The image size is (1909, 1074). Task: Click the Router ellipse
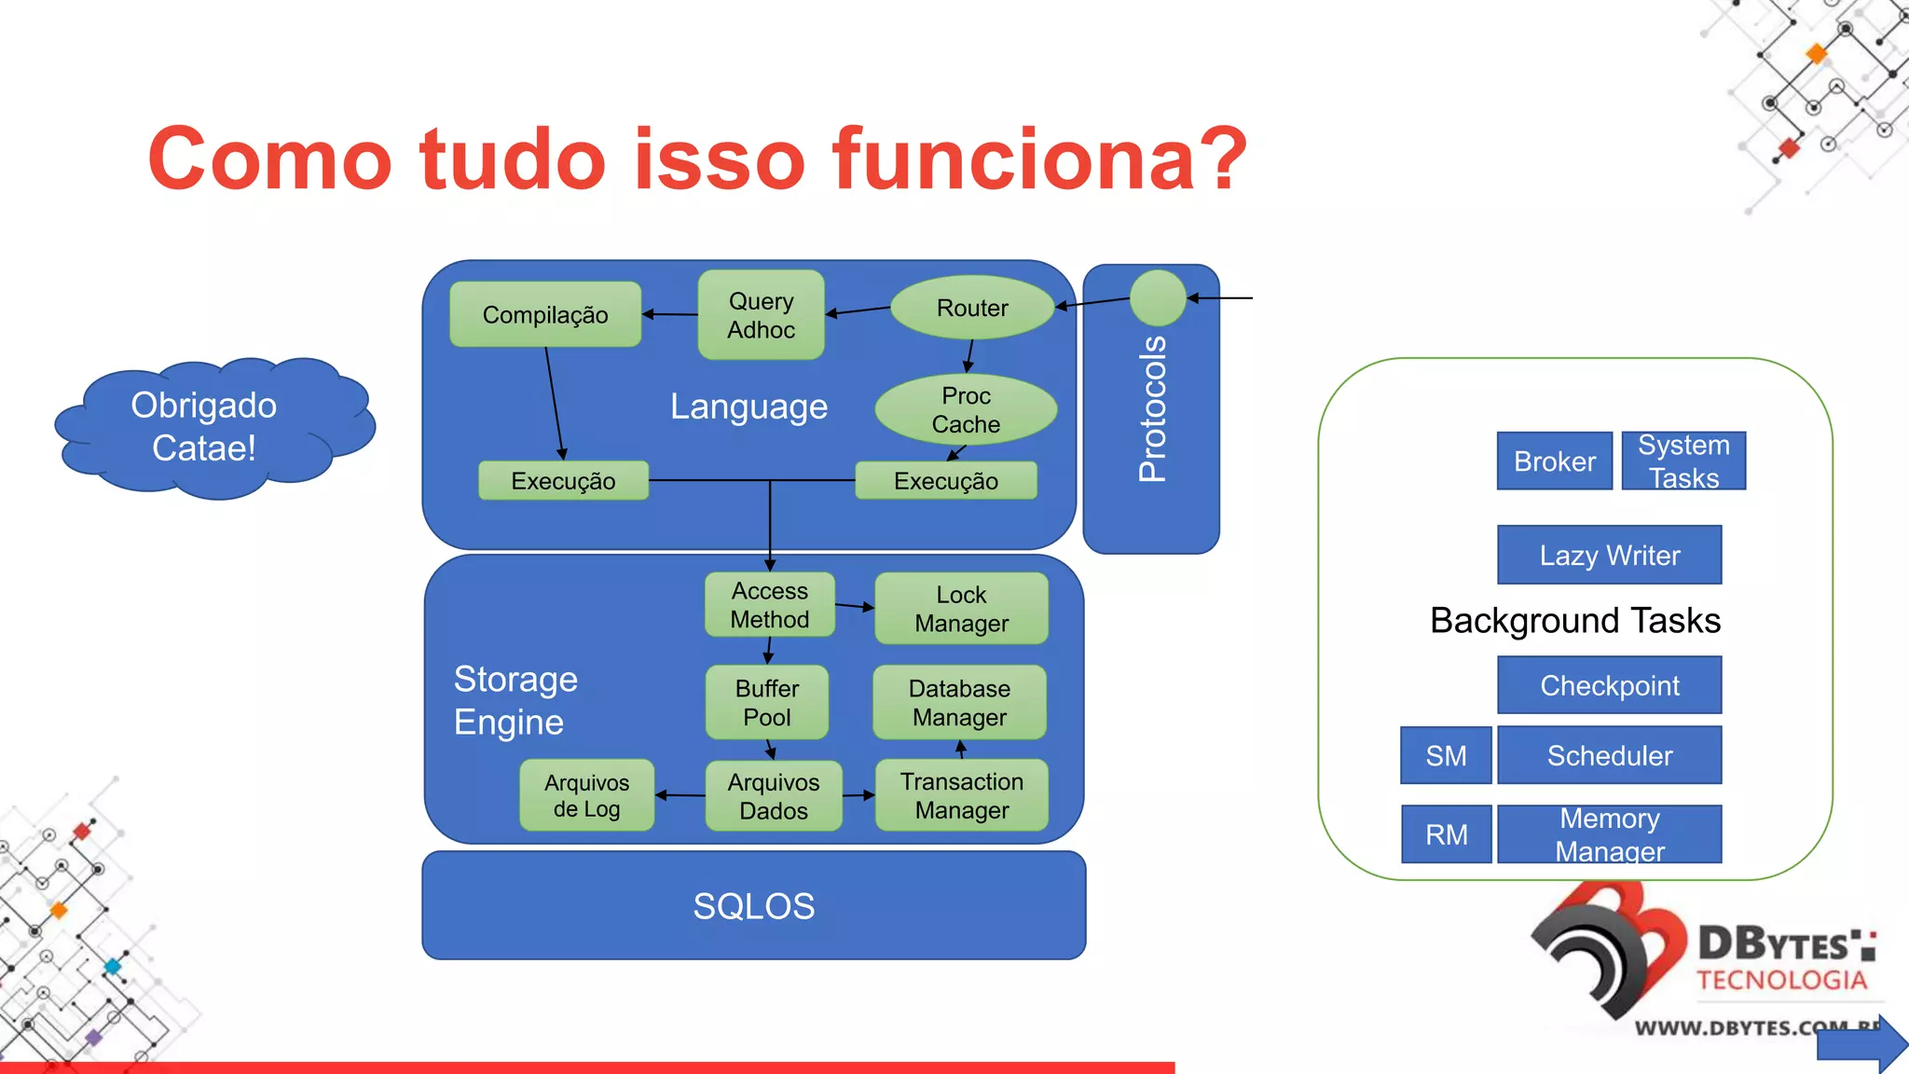[972, 308]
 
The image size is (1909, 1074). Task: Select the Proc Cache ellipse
[966, 410]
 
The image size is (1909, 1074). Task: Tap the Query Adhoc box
[761, 315]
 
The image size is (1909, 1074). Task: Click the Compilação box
[545, 315]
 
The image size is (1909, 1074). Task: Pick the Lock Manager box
[961, 609]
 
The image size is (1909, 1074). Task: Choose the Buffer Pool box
[766, 703]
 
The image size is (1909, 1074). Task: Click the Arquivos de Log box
[586, 795]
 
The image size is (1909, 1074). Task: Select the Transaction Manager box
[961, 795]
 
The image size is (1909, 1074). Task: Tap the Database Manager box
[959, 703]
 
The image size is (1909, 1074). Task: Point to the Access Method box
[769, 605]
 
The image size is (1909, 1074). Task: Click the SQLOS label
[753, 906]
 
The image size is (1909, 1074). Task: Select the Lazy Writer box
[1609, 556]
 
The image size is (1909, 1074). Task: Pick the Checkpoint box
[1609, 685]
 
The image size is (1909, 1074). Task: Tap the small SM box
[1446, 755]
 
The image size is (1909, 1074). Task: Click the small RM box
[1446, 834]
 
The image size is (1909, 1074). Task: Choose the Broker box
[1554, 461]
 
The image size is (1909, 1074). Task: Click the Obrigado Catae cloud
[205, 427]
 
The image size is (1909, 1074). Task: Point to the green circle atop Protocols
[1157, 298]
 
